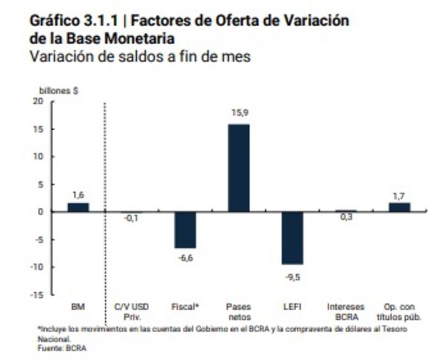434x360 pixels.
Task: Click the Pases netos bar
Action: tap(239, 168)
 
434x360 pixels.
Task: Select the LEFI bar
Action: tap(292, 238)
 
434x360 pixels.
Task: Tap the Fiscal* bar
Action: tap(185, 230)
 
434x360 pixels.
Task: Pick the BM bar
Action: tap(78, 207)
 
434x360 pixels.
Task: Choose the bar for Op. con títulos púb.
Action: tap(399, 207)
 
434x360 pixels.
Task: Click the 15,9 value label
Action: tap(239, 113)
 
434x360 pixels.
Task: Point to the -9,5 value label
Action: tap(292, 277)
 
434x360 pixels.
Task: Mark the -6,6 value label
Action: tap(185, 258)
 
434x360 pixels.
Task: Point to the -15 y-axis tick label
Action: tap(36, 295)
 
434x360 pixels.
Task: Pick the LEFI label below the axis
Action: tap(292, 307)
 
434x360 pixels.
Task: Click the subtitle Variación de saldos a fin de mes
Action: tap(141, 56)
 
